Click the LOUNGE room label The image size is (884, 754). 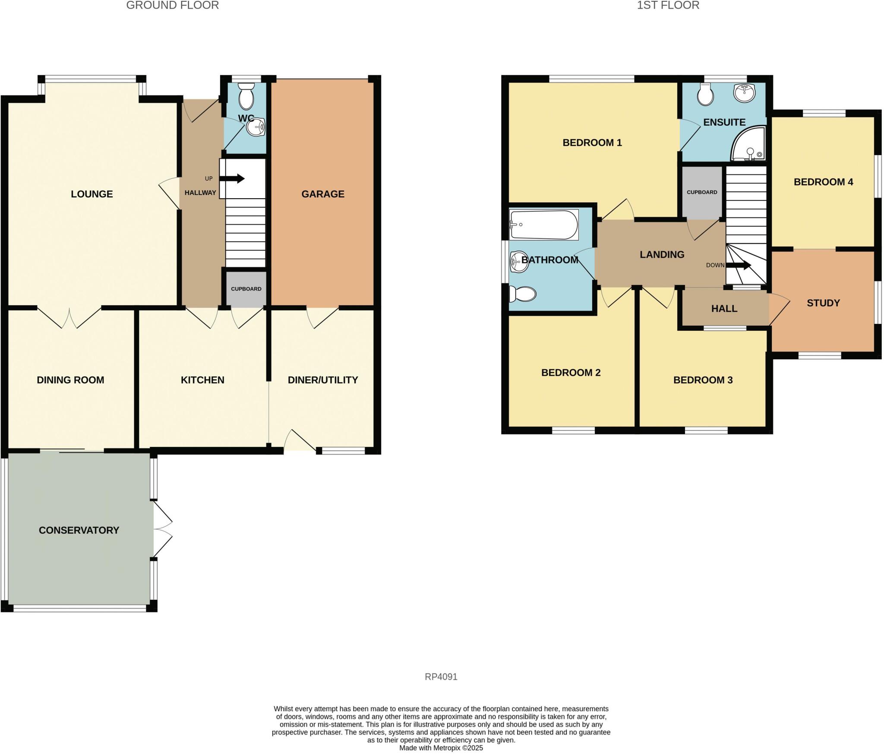(92, 194)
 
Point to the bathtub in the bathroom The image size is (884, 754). (543, 225)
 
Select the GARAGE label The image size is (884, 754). (323, 194)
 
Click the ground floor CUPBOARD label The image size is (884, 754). (246, 289)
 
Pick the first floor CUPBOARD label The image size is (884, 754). (702, 192)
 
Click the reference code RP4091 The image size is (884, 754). (441, 677)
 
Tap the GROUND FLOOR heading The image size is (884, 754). (172, 5)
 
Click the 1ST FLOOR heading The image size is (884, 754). (668, 5)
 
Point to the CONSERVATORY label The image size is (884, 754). (79, 530)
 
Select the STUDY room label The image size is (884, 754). (823, 303)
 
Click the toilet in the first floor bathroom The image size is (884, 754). (523, 294)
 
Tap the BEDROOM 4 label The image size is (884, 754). (823, 182)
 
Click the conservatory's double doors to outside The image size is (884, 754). (162, 529)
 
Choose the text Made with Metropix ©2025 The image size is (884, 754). (441, 748)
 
